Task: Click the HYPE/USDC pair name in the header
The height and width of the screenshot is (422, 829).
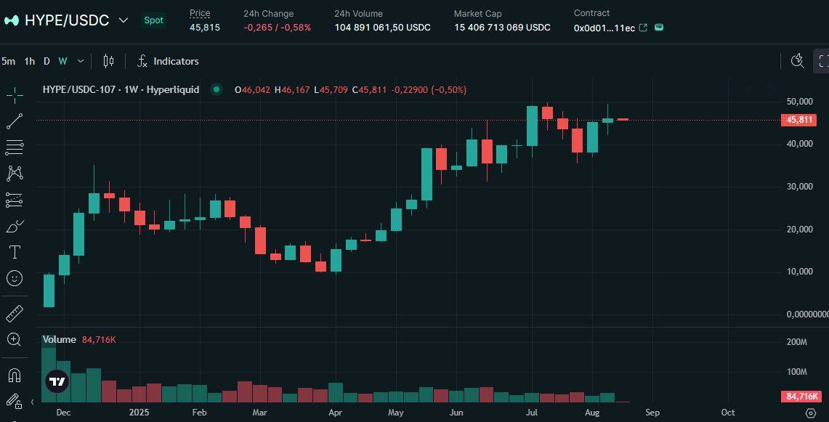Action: tap(66, 20)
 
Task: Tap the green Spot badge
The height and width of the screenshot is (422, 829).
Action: tap(153, 20)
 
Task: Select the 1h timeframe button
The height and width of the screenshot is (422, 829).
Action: tap(29, 61)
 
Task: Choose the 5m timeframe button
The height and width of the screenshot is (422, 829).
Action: tap(8, 61)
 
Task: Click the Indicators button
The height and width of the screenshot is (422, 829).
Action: tap(168, 61)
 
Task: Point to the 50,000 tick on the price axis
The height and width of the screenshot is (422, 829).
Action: tap(799, 101)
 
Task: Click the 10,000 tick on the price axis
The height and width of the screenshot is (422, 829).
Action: tap(799, 272)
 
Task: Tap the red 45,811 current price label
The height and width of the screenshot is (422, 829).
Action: tap(799, 120)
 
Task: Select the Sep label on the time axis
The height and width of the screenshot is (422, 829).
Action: tap(652, 413)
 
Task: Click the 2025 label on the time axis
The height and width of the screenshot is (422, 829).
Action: tap(138, 413)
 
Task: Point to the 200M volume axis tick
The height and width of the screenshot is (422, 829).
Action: tap(797, 342)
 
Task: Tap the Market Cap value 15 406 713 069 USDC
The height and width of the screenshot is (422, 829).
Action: tap(502, 28)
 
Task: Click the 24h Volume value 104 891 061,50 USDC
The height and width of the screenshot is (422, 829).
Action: tap(382, 28)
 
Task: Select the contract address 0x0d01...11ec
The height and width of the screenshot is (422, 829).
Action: tap(604, 28)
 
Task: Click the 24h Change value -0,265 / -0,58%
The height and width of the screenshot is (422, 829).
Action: tap(277, 28)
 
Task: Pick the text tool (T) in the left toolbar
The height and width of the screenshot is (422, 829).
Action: tap(15, 252)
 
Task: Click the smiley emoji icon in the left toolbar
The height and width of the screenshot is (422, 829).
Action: tap(15, 278)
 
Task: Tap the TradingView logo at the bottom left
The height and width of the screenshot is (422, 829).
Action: tap(57, 381)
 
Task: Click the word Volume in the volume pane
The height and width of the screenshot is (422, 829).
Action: tap(60, 339)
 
